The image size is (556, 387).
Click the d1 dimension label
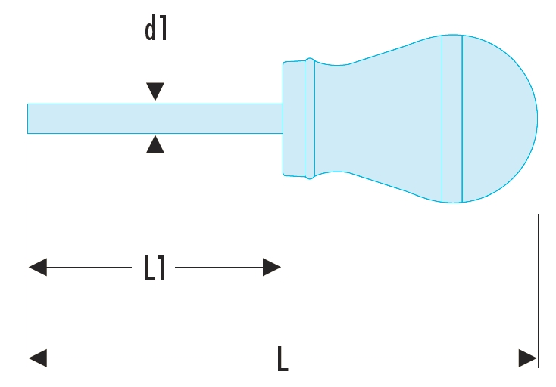155,29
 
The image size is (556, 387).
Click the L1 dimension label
155,268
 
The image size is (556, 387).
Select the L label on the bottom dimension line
282,358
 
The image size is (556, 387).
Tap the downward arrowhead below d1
155,92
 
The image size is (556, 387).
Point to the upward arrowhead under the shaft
155,144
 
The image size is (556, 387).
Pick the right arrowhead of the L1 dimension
272,268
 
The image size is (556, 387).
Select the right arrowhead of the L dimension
527,358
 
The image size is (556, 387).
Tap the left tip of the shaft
30,118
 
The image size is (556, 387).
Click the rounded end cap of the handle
500,119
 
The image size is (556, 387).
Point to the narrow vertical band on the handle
452,119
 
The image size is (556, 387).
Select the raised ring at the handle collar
309,119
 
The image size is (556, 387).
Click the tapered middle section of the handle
379,119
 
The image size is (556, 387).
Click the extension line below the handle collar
283,234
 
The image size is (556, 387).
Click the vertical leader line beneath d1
155,68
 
